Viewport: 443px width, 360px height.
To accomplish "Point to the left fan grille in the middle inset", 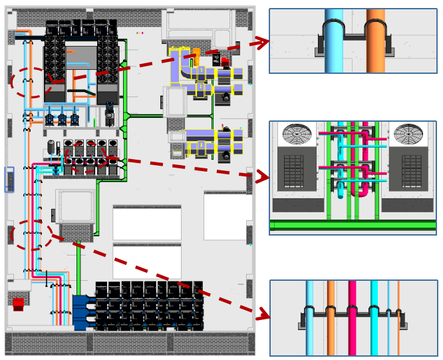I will click(x=297, y=134).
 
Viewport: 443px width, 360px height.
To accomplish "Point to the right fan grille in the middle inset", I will click(x=408, y=134).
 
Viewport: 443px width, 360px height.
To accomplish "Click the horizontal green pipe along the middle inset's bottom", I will click(x=353, y=226).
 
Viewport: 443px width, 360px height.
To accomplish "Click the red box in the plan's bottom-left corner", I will click(x=18, y=304).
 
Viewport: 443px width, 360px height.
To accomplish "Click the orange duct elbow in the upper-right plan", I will click(x=196, y=56).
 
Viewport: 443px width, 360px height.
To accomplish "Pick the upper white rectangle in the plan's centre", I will click(x=146, y=223).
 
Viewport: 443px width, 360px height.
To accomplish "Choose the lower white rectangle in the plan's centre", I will click(x=146, y=262).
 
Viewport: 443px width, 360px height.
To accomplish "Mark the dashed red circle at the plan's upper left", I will click(x=31, y=82).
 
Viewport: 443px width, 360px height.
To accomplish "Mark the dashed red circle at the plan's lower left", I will click(x=31, y=235).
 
